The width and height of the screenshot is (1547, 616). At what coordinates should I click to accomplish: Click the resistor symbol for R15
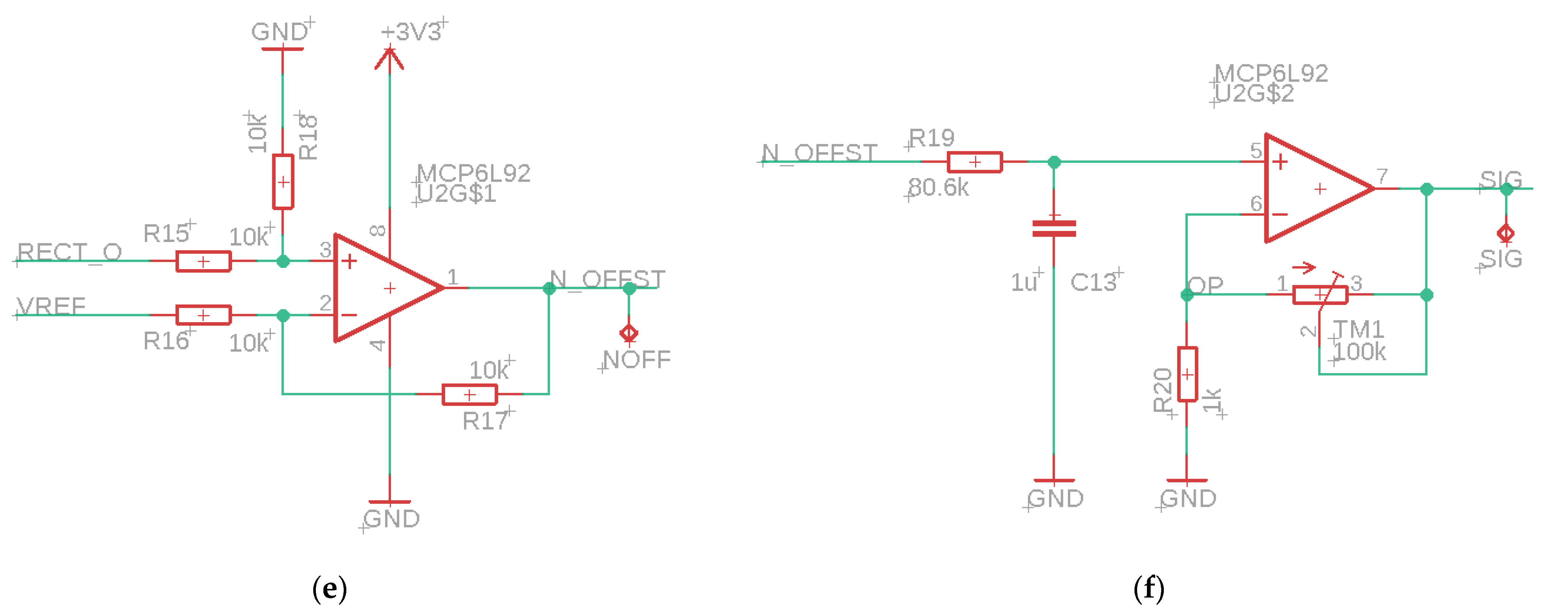203,262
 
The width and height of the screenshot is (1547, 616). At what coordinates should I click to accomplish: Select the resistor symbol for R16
203,315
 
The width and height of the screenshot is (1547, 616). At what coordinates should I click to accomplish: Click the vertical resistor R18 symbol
283,181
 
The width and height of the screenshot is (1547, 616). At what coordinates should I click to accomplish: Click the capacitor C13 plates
1054,229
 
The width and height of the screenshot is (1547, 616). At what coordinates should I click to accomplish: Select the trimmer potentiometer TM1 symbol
1320,295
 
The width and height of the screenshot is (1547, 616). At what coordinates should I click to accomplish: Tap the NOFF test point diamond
629,332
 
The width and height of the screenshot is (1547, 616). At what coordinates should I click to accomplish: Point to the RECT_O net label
69,252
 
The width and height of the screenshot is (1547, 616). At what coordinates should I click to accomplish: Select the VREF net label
52,306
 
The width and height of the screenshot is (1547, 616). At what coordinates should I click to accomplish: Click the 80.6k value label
938,187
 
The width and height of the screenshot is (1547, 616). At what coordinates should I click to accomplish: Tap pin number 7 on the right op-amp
1382,176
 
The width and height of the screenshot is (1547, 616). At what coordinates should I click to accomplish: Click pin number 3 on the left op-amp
325,249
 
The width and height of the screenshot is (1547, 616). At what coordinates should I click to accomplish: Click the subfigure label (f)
1148,589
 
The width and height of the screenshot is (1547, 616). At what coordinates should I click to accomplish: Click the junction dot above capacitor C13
1054,162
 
